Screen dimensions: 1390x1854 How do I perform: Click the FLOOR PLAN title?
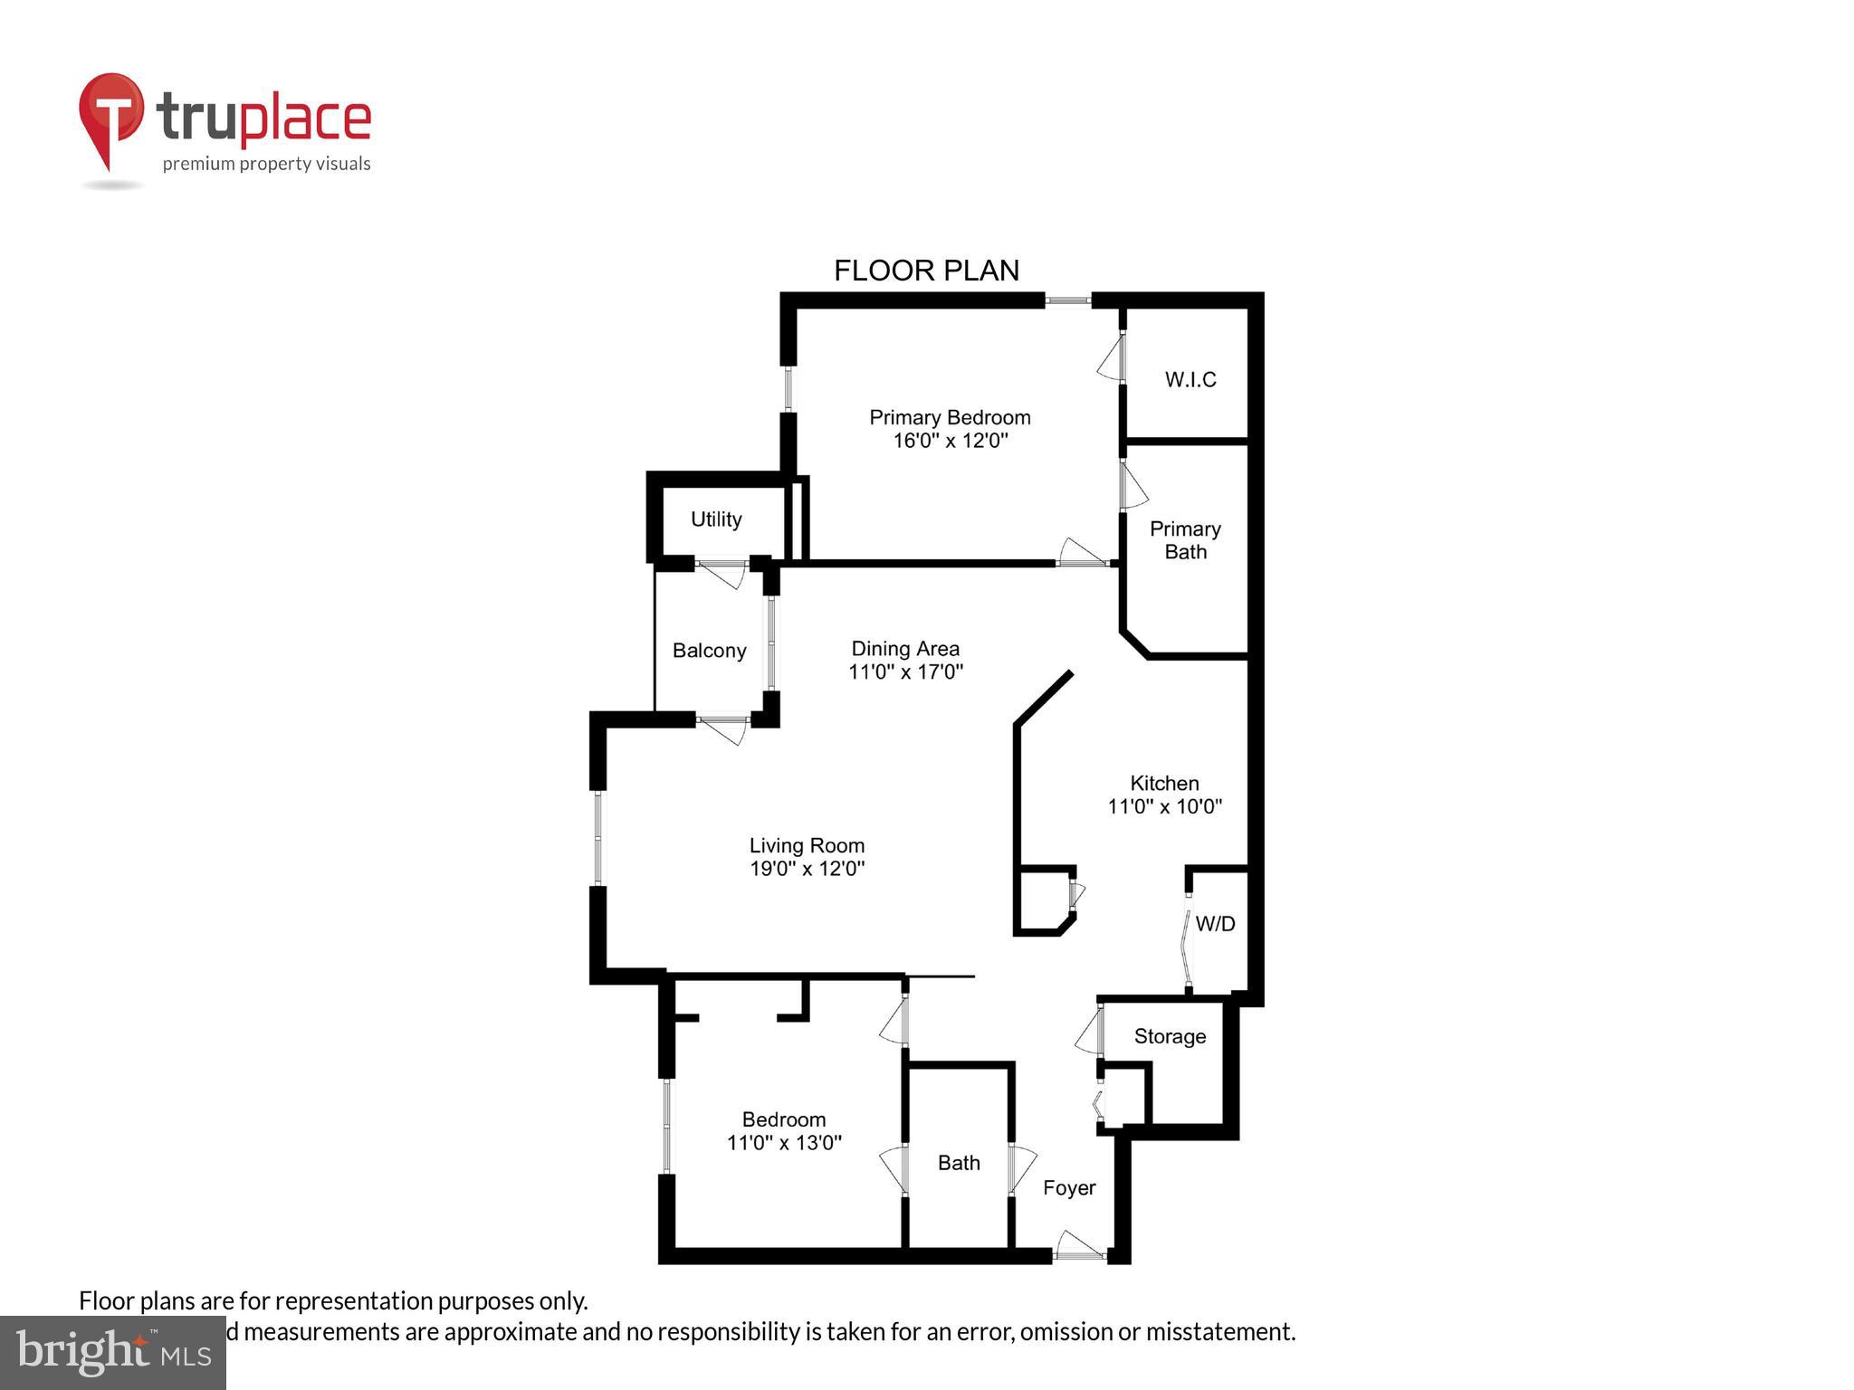pos(926,271)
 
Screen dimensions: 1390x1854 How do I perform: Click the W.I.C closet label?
pos(1190,379)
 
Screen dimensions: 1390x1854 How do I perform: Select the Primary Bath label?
pos(1185,540)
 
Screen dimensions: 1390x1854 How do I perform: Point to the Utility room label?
pos(716,519)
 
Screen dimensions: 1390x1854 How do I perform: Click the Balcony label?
pos(709,651)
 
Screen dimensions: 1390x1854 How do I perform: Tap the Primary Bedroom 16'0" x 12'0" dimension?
pos(950,441)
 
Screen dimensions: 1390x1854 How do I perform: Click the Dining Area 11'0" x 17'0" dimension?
pos(905,671)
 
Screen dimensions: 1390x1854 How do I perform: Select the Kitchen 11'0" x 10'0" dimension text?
pos(1164,806)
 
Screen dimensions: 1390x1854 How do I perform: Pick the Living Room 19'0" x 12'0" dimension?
pos(807,869)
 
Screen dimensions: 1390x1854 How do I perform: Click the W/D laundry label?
pos(1215,924)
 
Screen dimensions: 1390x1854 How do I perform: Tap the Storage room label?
pos(1170,1036)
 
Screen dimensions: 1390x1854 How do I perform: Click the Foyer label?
pos(1069,1188)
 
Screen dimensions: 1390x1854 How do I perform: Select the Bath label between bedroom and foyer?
pos(959,1163)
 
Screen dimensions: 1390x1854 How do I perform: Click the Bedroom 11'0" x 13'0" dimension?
pos(784,1143)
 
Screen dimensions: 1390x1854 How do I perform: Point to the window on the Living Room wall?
pos(597,838)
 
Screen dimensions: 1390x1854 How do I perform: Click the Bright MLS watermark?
pos(113,1353)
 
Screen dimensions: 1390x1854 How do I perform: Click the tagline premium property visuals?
pos(266,164)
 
